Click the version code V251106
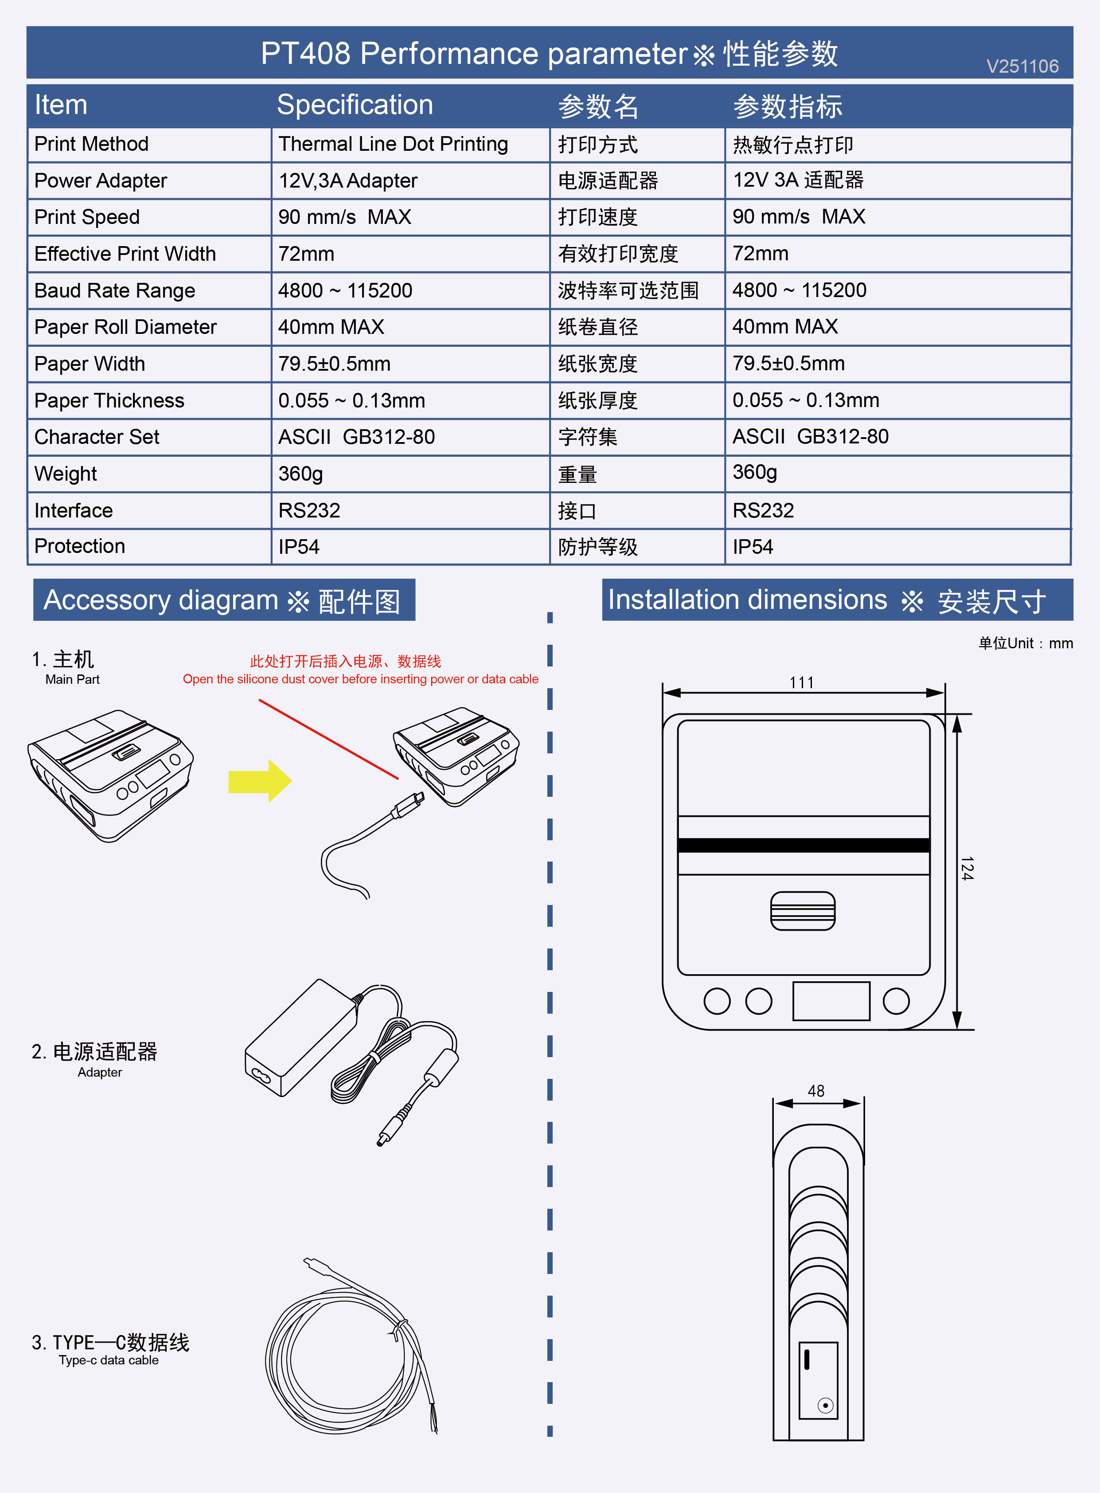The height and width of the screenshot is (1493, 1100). point(1022,66)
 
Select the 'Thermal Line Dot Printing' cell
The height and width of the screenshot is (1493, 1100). point(393,144)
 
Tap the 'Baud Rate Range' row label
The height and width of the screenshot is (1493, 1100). point(114,290)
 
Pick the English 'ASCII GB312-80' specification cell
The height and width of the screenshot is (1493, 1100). point(356,437)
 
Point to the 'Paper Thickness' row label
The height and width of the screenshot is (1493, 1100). point(109,400)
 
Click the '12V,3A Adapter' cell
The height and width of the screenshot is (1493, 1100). point(347,180)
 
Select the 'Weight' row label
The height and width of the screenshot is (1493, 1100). point(65,474)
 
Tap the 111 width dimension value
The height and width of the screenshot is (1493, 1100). point(802,682)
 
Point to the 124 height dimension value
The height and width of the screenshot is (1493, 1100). point(967,868)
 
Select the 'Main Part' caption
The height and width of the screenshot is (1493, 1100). point(72,680)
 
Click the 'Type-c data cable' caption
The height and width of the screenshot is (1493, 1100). point(109,1360)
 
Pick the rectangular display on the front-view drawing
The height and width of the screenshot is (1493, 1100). point(831,1001)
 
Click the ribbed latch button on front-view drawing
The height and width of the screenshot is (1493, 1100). point(802,911)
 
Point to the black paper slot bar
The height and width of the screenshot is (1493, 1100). point(803,845)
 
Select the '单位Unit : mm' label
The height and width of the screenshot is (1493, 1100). point(1026,643)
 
